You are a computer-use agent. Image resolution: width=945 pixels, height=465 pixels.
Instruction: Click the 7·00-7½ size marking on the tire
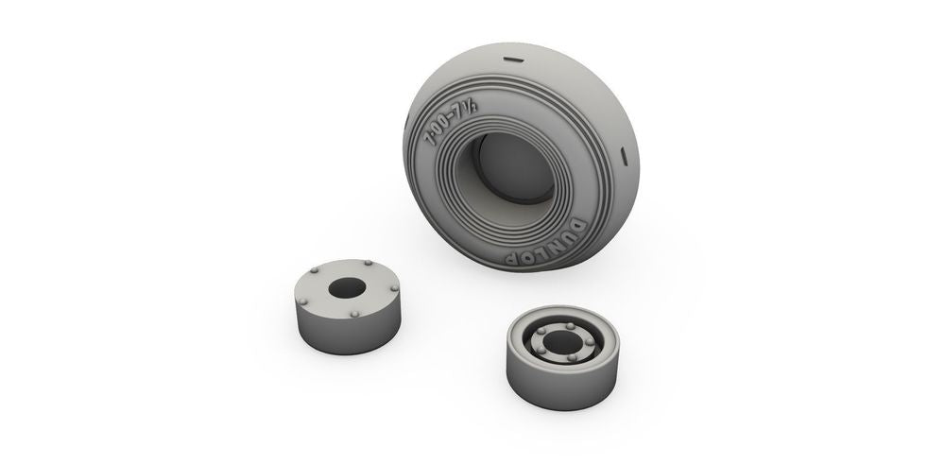click(450, 124)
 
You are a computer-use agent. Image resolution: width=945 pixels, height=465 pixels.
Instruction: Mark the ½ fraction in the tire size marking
click(471, 109)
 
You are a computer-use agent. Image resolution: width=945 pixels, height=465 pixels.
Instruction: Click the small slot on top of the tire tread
click(513, 60)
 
